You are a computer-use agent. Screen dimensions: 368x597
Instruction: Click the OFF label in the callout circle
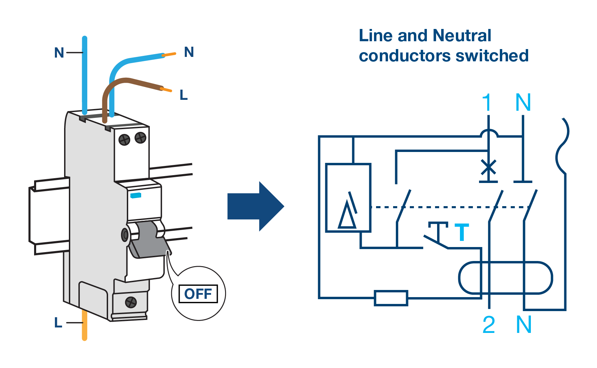(x=198, y=294)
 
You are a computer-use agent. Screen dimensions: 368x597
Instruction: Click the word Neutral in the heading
(x=462, y=36)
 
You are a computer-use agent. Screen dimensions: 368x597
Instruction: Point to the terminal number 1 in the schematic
(x=487, y=102)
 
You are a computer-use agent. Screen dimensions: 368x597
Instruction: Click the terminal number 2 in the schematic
(x=489, y=325)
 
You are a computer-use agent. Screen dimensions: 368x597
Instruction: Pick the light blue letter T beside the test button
(x=462, y=232)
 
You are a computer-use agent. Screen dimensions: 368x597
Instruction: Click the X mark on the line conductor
(x=489, y=167)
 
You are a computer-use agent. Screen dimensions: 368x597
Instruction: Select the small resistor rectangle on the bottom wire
(x=391, y=298)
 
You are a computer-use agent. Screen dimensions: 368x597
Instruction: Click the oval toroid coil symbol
(x=506, y=278)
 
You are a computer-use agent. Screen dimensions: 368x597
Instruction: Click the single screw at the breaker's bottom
(x=131, y=302)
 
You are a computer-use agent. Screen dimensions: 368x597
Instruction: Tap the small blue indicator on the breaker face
(x=136, y=195)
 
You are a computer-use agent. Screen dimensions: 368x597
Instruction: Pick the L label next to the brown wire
(x=184, y=95)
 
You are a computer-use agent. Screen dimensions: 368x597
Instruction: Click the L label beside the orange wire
(x=58, y=322)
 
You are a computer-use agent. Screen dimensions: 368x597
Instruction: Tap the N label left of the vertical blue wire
(x=59, y=53)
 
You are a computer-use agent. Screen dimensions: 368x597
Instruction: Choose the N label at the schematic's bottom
(x=524, y=325)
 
